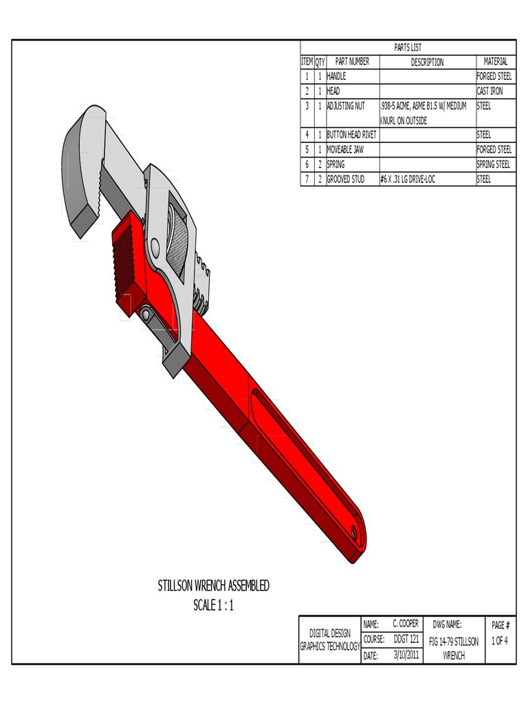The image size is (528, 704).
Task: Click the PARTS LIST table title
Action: click(x=408, y=47)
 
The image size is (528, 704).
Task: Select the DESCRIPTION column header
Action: click(x=427, y=62)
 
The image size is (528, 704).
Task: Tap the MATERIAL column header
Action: click(x=495, y=62)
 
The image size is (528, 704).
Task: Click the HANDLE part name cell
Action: click(x=336, y=76)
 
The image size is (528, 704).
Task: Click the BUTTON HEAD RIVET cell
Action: click(x=351, y=135)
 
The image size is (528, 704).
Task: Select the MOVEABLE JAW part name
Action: click(x=345, y=149)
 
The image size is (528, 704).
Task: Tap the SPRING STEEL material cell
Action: click(x=494, y=164)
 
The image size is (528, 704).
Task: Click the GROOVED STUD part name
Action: click(x=346, y=179)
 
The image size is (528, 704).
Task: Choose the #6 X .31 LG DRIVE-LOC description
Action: click(x=408, y=179)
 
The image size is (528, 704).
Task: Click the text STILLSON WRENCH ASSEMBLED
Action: click(x=213, y=586)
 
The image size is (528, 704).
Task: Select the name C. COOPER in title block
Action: click(x=405, y=624)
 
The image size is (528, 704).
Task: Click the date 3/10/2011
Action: click(x=406, y=655)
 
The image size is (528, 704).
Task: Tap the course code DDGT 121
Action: click(x=406, y=639)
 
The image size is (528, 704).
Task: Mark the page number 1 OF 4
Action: click(x=500, y=641)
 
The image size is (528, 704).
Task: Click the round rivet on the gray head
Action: click(x=155, y=246)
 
